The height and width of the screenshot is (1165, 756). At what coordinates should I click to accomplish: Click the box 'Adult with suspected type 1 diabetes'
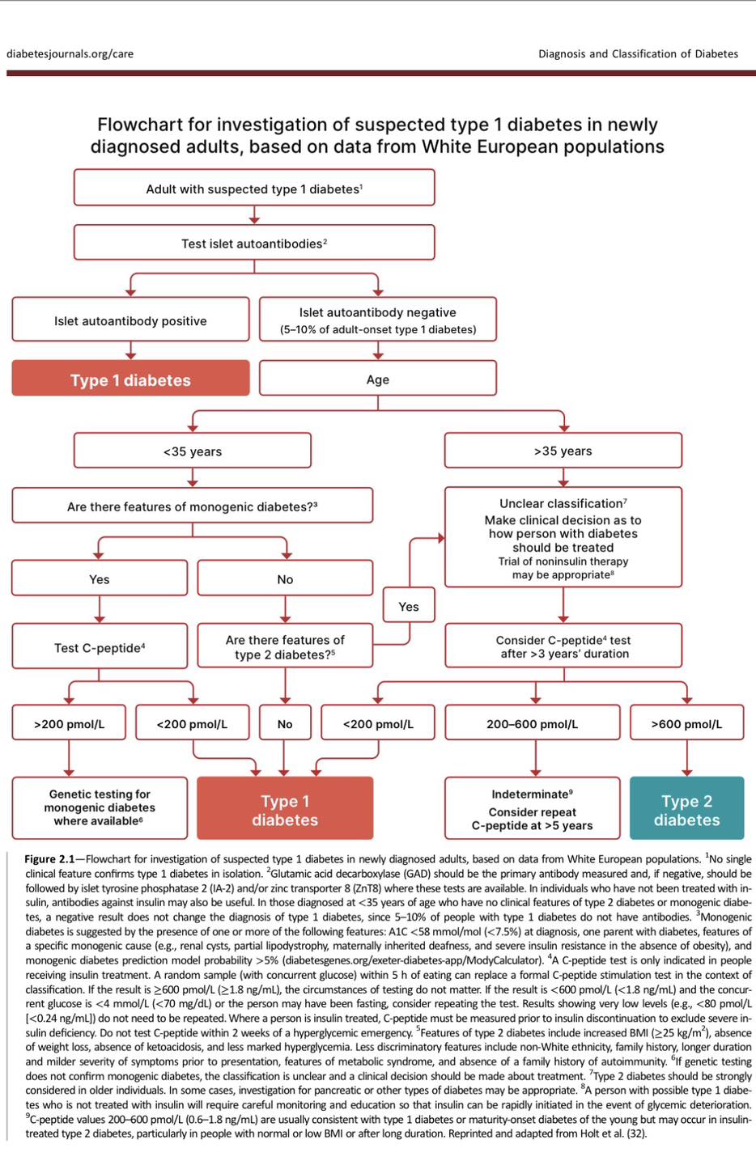[253, 189]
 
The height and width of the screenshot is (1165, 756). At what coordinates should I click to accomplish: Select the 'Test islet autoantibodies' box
[253, 243]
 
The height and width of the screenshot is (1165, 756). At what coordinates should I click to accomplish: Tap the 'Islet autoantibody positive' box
[130, 320]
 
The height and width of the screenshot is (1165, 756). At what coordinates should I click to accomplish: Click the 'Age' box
[377, 379]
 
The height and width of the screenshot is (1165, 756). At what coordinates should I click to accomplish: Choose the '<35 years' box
[192, 451]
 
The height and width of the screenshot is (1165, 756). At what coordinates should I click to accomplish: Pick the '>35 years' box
[563, 451]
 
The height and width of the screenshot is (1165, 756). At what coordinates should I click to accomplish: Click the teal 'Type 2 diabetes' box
[686, 810]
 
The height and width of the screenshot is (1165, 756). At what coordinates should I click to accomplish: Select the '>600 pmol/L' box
[686, 723]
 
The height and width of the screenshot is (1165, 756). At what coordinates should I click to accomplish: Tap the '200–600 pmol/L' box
[532, 723]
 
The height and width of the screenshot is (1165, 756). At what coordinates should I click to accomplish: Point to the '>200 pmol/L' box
[69, 723]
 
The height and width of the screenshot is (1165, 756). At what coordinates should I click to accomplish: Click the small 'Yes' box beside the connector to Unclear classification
[409, 606]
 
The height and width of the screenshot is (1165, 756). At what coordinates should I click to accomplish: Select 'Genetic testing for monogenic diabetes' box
[100, 807]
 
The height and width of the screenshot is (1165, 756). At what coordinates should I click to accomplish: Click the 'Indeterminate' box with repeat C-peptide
[532, 808]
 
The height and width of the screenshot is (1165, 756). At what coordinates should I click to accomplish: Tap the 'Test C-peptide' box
[100, 647]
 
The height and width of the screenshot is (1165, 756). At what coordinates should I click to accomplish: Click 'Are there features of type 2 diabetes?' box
[285, 646]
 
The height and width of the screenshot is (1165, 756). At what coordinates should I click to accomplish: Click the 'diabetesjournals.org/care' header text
[70, 54]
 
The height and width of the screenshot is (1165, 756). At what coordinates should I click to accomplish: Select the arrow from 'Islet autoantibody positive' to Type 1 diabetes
[130, 350]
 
